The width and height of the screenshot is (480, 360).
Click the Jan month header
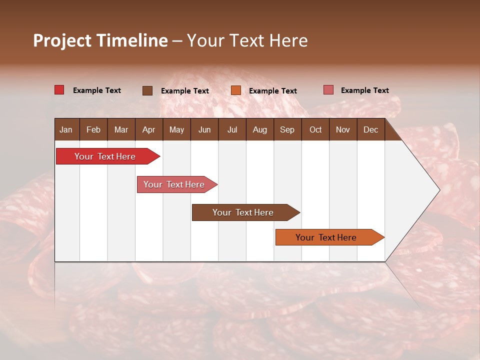coord(66,129)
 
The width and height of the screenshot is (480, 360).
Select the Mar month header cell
coord(121,129)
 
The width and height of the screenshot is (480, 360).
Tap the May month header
coord(176,129)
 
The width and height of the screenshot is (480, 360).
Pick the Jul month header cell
coord(232,129)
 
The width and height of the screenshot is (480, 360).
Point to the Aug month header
coord(259,129)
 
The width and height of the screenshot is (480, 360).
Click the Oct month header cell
coord(315,129)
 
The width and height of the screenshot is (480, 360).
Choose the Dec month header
coord(370,129)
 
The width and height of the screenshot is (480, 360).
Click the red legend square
coord(59,90)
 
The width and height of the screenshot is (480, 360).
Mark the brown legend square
coord(147,90)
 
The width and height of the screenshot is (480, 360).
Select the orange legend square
coord(236,90)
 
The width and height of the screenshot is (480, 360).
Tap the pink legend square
coord(328,90)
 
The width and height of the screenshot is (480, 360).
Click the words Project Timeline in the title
coord(100,40)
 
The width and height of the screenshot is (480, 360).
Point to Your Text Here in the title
coord(247,40)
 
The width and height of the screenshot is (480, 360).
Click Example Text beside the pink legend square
coord(364,90)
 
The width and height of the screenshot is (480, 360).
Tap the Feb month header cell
coord(93,129)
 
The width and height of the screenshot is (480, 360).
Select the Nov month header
coord(343,129)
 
